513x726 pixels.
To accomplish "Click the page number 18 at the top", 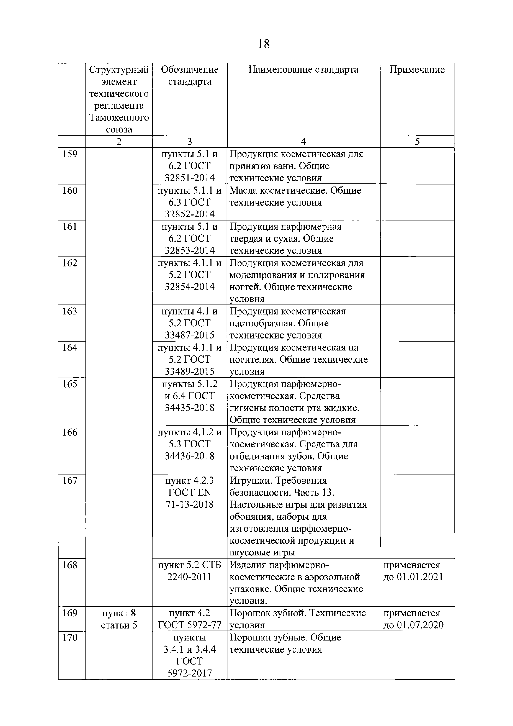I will (x=264, y=44).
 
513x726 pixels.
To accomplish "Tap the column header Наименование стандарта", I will (x=303, y=70).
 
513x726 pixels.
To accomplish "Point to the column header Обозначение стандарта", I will (x=190, y=76).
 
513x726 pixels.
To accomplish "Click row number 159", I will (x=70, y=154).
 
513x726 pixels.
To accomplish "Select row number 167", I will (x=70, y=481).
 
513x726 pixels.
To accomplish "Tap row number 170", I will (x=70, y=637).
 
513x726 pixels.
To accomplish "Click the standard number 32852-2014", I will (x=190, y=214).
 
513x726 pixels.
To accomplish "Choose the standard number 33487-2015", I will (x=190, y=335).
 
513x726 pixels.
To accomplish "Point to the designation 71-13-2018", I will (x=190, y=504).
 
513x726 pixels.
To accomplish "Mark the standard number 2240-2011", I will (x=190, y=577).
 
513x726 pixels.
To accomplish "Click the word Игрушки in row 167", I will (x=250, y=481).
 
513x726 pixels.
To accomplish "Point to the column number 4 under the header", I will (x=303, y=142).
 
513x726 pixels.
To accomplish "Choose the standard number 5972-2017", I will (x=190, y=673).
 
